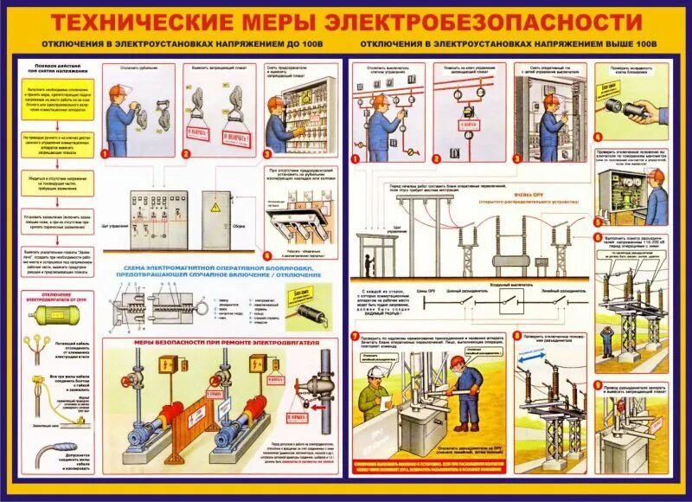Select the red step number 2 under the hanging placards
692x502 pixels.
[185, 153]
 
